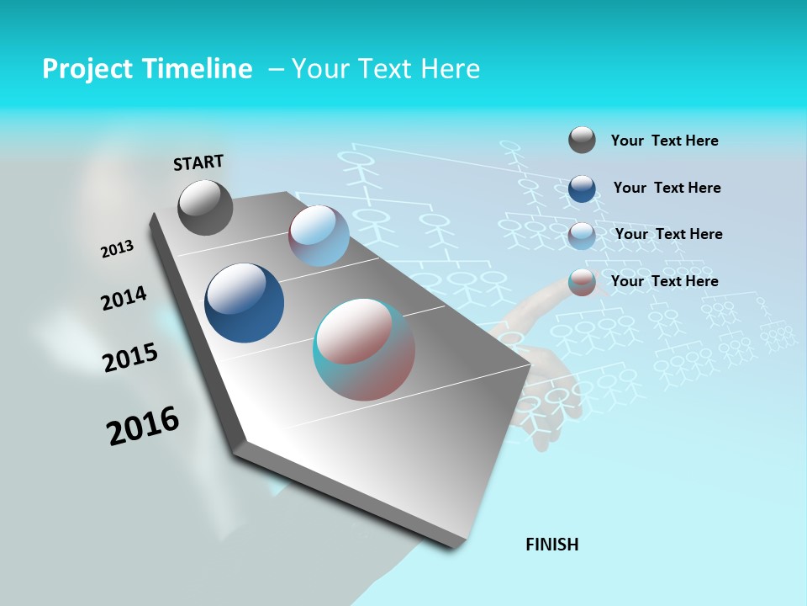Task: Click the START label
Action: [x=198, y=162]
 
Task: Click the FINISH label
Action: [x=552, y=545]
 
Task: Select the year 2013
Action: [x=118, y=249]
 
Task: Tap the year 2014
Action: [x=124, y=298]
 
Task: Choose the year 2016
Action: [x=143, y=426]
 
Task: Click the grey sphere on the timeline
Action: [x=205, y=207]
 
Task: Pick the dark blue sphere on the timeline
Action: [x=244, y=303]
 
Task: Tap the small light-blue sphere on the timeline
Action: [x=319, y=236]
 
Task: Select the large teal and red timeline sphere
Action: [x=364, y=349]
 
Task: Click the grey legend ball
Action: [x=582, y=140]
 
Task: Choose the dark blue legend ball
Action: [x=582, y=189]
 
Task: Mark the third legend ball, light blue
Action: [x=582, y=236]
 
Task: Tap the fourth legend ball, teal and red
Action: [x=582, y=282]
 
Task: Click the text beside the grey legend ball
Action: [x=664, y=141]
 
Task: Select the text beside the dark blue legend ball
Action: [x=667, y=188]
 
